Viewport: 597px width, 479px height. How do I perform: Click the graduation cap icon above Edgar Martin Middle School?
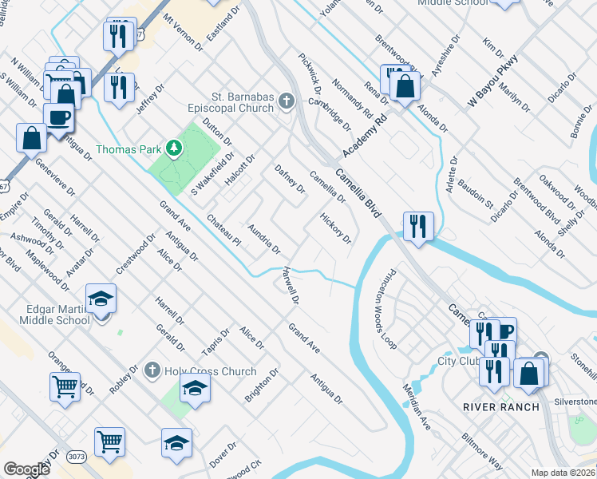[101, 298]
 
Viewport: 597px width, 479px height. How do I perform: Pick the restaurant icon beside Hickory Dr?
[418, 226]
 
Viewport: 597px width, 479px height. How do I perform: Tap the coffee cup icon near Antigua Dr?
[59, 118]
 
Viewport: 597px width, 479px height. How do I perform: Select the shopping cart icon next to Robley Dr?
[65, 386]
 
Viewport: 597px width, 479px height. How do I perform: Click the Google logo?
[26, 469]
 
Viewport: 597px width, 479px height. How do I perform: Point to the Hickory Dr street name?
[335, 228]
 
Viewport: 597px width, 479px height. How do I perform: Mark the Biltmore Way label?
[482, 451]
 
